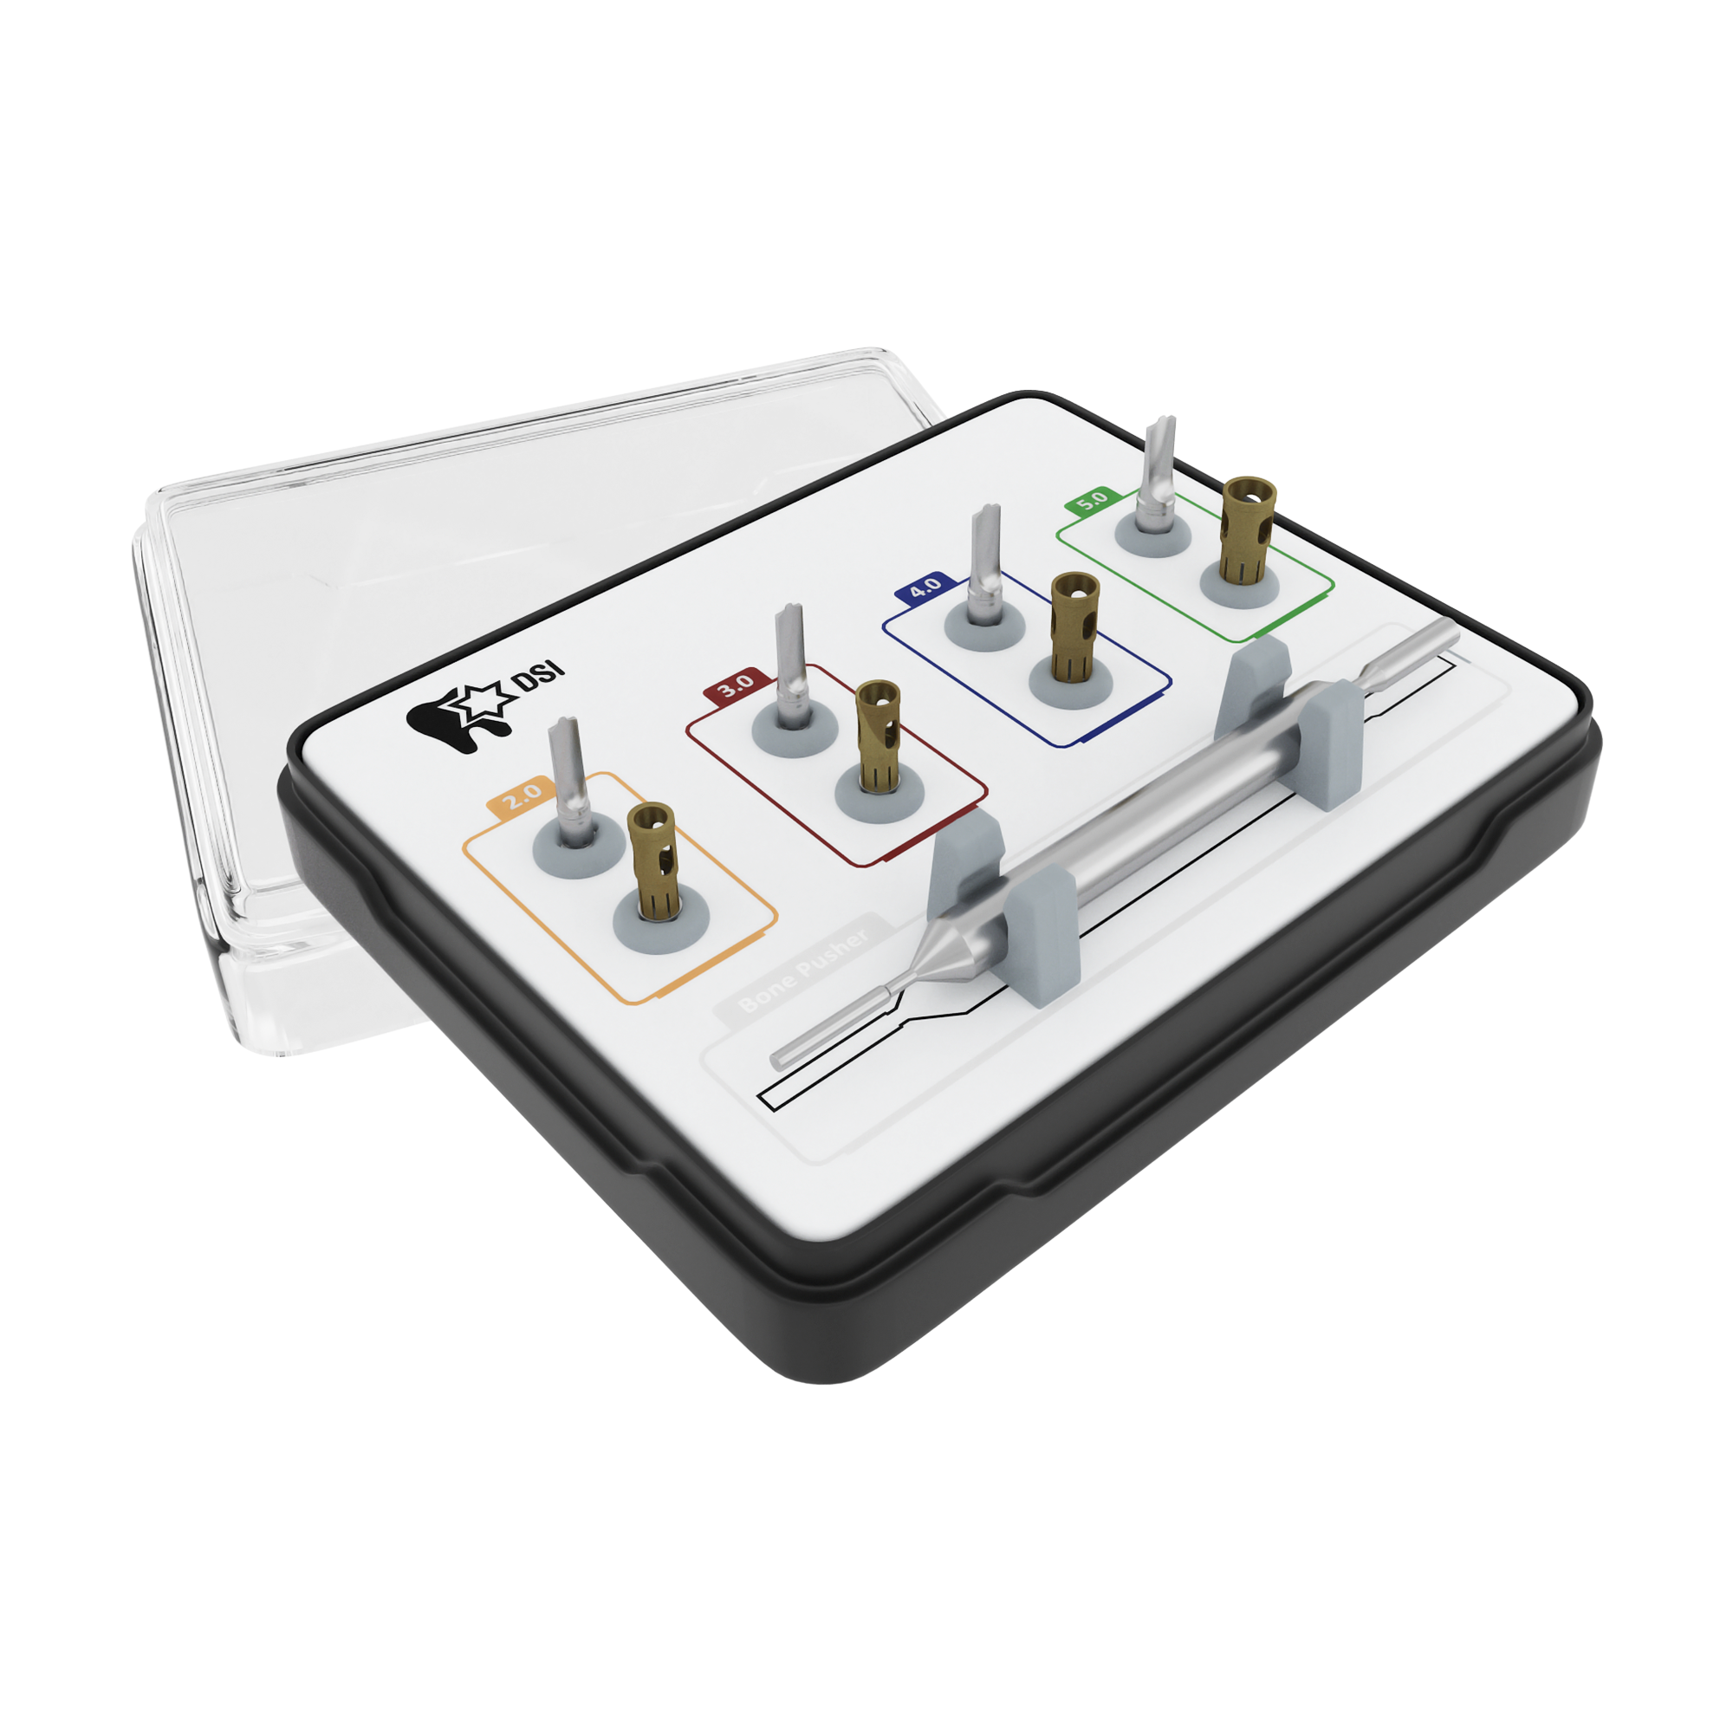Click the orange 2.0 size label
click(522, 795)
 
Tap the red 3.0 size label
click(736, 686)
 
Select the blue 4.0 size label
click(924, 588)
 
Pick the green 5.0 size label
click(1092, 501)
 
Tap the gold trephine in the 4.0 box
click(1074, 626)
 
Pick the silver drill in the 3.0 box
click(790, 668)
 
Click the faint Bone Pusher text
click(804, 973)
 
